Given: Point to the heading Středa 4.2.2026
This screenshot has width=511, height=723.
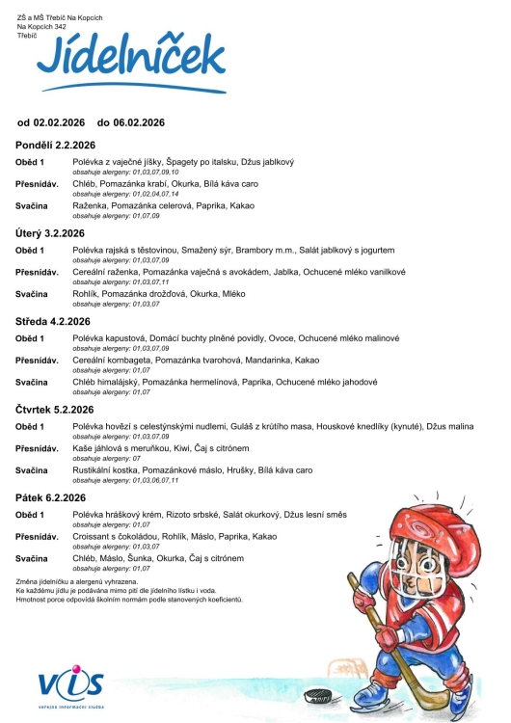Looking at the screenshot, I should (x=53, y=322).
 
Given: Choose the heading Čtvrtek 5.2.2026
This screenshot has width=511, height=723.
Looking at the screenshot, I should (x=56, y=410).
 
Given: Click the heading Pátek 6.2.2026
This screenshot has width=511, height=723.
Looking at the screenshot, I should (x=50, y=497).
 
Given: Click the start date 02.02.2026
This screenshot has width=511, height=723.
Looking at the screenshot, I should (x=60, y=122).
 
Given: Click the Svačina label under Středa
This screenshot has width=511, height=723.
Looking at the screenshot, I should (x=35, y=383).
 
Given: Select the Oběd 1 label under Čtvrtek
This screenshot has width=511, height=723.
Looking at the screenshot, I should (x=33, y=427).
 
